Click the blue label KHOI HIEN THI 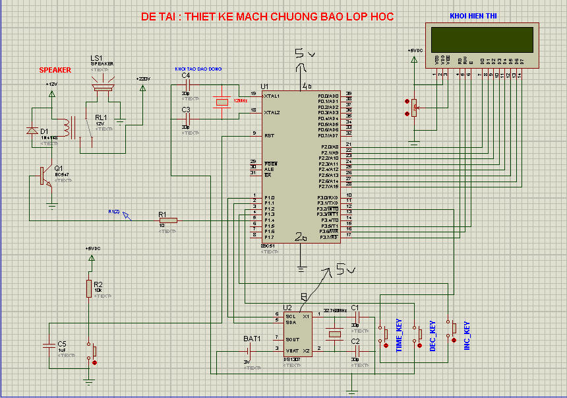point(473,16)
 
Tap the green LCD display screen point(481,40)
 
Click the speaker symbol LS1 point(102,84)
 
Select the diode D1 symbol point(32,131)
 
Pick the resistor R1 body point(168,220)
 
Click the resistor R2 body point(88,288)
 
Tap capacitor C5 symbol point(49,345)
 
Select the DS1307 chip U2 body point(299,335)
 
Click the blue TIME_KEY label point(399,335)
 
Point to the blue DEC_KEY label point(433,336)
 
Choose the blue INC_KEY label point(466,335)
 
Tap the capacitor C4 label point(186,76)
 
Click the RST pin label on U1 point(269,135)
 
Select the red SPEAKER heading point(55,69)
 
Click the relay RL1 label point(101,117)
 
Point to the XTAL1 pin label point(272,96)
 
